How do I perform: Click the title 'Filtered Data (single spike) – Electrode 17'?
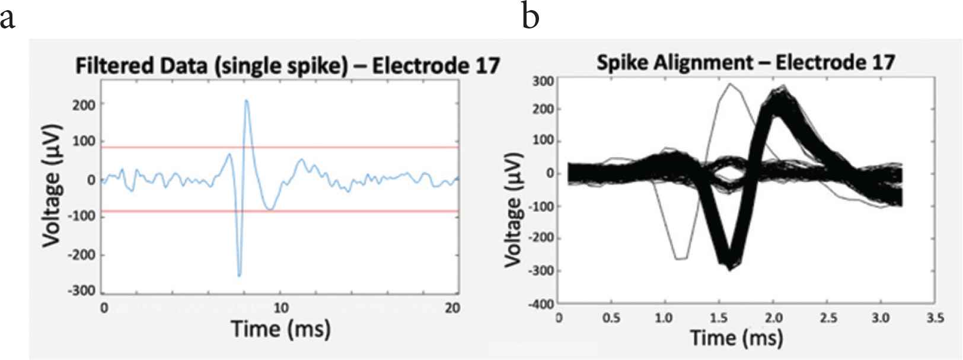coord(287,66)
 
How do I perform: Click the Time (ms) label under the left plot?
coord(280,329)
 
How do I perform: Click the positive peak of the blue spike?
coord(246,101)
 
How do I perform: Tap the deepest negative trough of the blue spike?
coord(240,276)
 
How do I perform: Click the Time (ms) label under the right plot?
coord(736,337)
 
